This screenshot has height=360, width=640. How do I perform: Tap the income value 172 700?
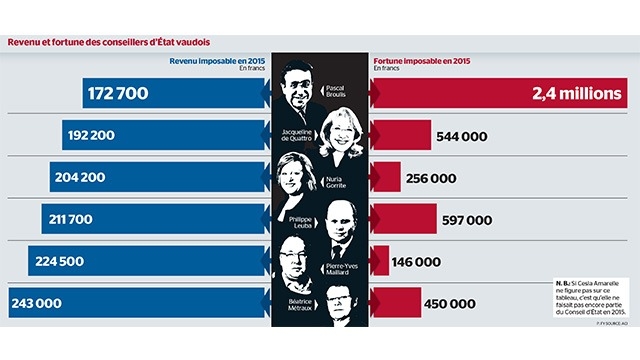point(118,93)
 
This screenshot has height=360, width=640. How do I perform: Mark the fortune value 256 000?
point(430,178)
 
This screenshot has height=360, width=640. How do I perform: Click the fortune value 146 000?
point(415,262)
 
